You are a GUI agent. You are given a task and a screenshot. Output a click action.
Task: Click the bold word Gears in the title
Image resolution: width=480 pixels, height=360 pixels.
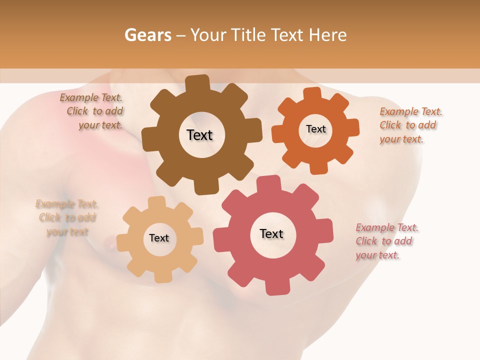(x=147, y=35)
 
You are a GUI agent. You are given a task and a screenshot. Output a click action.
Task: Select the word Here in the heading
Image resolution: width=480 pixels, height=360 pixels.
(x=328, y=35)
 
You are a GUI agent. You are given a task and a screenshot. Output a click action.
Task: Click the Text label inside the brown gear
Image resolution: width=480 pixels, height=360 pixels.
(x=199, y=135)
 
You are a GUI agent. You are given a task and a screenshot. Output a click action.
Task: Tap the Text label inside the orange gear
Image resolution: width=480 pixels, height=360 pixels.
(x=315, y=129)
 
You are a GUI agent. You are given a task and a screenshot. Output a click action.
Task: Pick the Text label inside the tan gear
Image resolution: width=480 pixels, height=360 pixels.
(x=159, y=238)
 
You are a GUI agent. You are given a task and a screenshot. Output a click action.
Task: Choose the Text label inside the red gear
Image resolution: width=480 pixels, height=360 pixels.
(x=271, y=233)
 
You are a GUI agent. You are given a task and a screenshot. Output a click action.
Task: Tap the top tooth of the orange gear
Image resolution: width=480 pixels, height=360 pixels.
(x=312, y=94)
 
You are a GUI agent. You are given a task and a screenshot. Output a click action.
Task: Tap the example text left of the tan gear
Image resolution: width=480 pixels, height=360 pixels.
(x=67, y=217)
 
